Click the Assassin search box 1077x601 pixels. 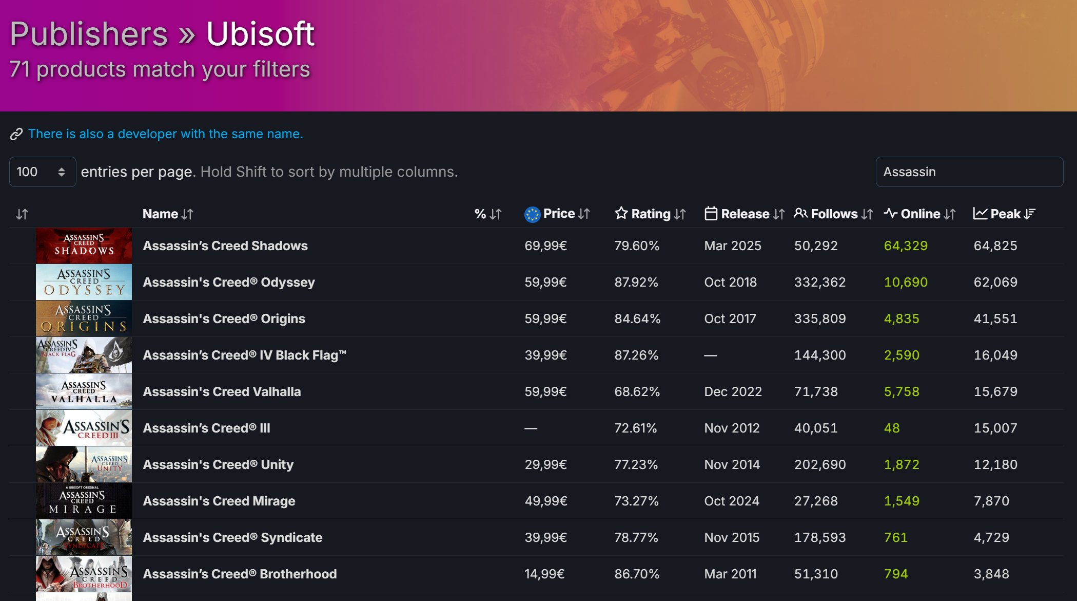click(969, 172)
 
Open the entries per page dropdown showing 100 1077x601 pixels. click(43, 172)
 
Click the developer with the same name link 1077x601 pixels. click(165, 134)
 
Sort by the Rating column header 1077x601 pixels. click(650, 214)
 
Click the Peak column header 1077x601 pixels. click(1005, 214)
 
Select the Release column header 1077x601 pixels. click(745, 214)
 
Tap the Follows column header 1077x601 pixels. click(834, 214)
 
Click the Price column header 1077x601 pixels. click(558, 214)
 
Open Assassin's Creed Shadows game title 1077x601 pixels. click(225, 246)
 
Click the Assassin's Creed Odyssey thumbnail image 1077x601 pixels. click(84, 282)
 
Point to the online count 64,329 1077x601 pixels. click(906, 246)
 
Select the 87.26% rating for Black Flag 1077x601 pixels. click(636, 355)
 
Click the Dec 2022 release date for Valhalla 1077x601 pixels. click(733, 391)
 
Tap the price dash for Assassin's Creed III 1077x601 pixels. click(531, 428)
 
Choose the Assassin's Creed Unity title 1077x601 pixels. click(218, 464)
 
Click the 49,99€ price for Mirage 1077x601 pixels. click(546, 501)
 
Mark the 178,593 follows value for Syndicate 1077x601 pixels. click(820, 537)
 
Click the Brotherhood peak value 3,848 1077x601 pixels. click(991, 574)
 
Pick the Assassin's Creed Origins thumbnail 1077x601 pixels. click(84, 318)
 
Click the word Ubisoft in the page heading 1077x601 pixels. click(260, 34)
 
